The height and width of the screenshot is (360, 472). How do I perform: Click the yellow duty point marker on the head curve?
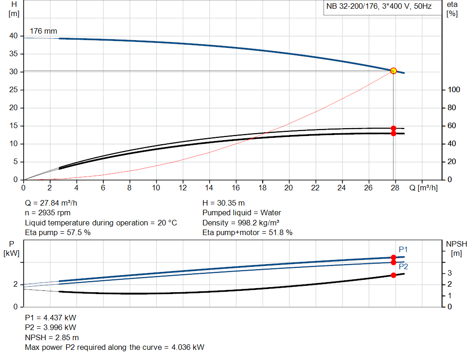pyautogui.click(x=393, y=71)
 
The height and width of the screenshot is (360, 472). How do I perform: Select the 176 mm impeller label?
pyautogui.click(x=43, y=31)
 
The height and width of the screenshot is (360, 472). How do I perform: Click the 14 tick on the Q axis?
pyautogui.click(x=209, y=188)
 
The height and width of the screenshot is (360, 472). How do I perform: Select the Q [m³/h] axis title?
pyautogui.click(x=423, y=188)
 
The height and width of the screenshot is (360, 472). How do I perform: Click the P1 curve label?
pyautogui.click(x=403, y=249)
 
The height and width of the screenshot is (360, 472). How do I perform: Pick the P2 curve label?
pyautogui.click(x=403, y=266)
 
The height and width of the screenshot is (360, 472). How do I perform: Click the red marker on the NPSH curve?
pyautogui.click(x=393, y=275)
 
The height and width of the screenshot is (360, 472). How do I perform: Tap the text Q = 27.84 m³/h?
pyautogui.click(x=54, y=203)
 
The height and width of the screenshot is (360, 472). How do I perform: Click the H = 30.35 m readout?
pyautogui.click(x=224, y=203)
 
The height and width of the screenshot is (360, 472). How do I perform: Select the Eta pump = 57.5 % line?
pyautogui.click(x=58, y=233)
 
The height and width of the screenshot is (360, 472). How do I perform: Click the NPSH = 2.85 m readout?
pyautogui.click(x=52, y=337)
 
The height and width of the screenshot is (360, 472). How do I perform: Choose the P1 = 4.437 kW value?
pyautogui.click(x=51, y=318)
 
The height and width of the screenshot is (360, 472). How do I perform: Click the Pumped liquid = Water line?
pyautogui.click(x=242, y=213)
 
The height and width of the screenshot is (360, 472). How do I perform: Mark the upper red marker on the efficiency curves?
pyautogui.click(x=393, y=128)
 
